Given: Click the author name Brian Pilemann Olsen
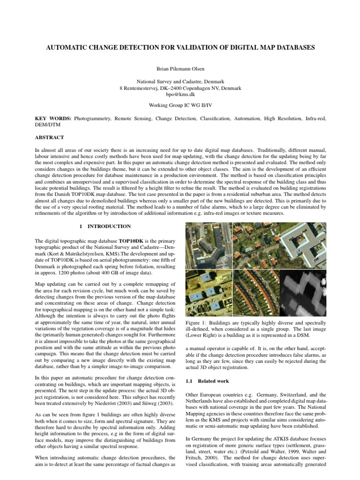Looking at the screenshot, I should click(180, 68).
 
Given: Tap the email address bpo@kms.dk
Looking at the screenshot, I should click(180, 94).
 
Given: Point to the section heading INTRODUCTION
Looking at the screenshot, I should click(112, 226).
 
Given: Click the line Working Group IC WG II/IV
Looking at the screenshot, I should click(180, 106).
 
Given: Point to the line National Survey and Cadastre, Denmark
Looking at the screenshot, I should click(180, 81).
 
